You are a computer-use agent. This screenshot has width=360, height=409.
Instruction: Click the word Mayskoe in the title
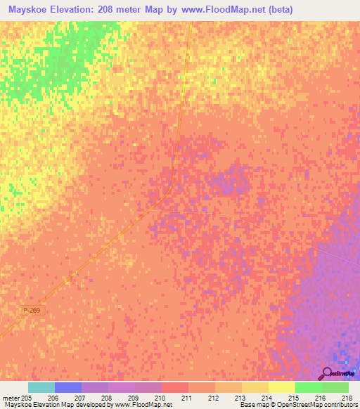pos(30,10)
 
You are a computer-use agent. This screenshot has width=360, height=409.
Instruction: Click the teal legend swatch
pos(41,387)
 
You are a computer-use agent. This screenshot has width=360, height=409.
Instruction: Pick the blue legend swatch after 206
pos(68,387)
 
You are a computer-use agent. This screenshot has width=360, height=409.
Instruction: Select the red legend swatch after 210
pos(175,387)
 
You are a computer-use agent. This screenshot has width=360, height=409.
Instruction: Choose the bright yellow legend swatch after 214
pos(282,387)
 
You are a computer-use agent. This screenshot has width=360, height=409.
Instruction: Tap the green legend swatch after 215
pos(309,387)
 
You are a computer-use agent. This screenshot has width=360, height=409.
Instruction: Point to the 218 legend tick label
pos(347,398)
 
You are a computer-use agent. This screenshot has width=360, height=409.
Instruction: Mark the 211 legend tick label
pos(188,398)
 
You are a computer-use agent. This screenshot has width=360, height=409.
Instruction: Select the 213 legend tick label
pos(241,398)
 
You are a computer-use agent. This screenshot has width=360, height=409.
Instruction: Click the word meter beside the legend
pos(11,398)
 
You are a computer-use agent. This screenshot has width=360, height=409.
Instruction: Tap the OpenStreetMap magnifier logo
pos(326,373)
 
